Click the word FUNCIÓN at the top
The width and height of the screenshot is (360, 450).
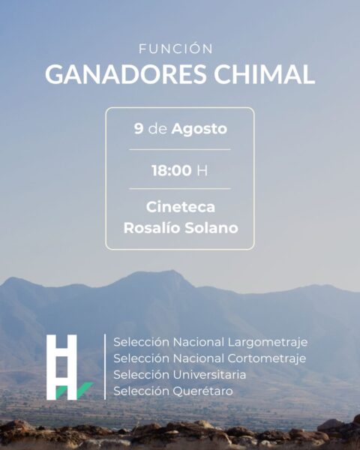coord(176,49)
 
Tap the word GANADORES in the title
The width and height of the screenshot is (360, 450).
coord(126,74)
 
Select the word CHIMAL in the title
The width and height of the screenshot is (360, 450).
coord(264,74)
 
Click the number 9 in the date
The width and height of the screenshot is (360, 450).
coord(138,128)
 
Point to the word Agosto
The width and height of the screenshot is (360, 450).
coord(199,129)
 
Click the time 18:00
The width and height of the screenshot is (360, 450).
coord(172,170)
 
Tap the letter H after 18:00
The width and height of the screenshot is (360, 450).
coord(202,170)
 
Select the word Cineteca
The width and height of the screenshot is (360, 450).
coord(181,207)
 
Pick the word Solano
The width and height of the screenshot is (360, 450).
coord(211,227)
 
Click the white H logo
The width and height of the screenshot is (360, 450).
coord(61,367)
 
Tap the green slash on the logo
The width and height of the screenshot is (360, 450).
coord(85,390)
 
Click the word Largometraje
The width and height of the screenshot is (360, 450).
coord(268,343)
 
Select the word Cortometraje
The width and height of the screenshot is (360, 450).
coord(267,358)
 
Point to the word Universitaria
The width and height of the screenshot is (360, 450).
coord(209,374)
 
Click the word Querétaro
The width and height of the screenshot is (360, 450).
coord(202,391)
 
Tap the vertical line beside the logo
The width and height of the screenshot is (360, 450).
coord(105,367)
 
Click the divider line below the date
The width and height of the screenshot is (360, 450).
coord(180,149)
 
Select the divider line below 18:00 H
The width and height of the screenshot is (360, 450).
coord(180,188)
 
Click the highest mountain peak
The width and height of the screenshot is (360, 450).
coord(172,270)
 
